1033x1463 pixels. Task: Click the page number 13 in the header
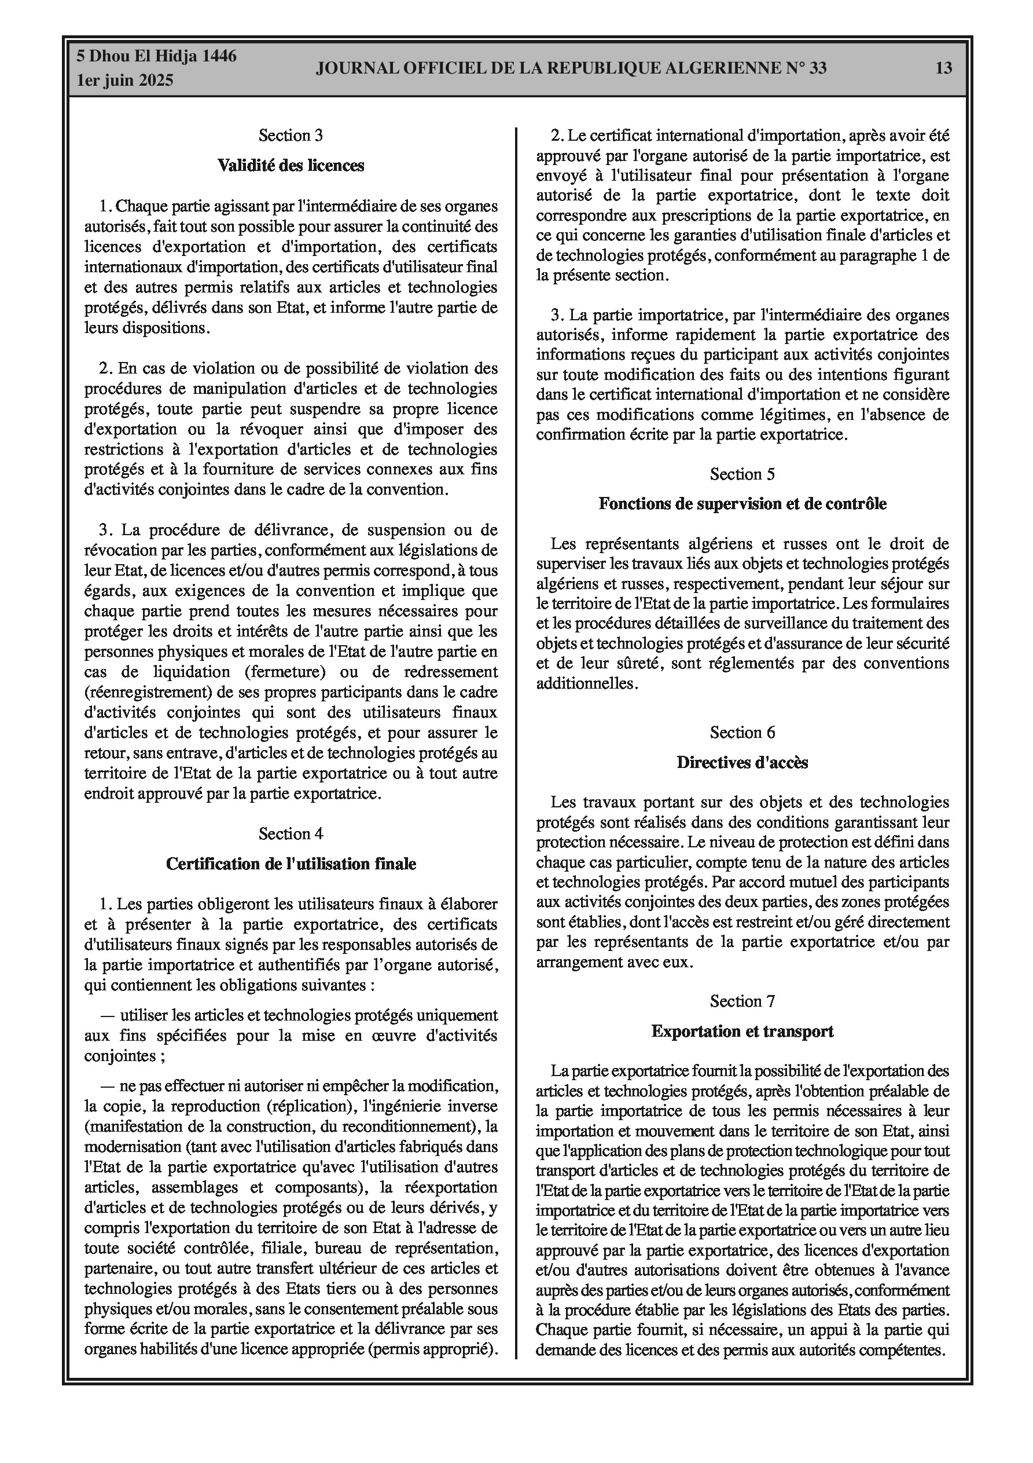[944, 68]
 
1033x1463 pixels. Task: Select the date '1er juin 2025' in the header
[125, 81]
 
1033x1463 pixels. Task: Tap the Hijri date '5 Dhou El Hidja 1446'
[156, 56]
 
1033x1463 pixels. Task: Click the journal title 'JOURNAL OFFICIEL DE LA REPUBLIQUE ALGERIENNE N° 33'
[571, 68]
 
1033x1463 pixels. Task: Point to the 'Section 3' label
[291, 135]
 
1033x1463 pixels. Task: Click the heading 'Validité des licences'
[291, 166]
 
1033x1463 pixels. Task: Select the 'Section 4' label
[291, 833]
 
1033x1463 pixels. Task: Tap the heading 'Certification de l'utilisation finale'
[291, 864]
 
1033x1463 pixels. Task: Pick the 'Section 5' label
[742, 474]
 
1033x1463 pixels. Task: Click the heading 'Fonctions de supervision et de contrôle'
[742, 504]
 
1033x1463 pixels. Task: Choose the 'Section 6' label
[742, 733]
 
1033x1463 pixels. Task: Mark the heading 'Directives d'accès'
[742, 763]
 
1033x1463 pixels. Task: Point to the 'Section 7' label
[742, 1001]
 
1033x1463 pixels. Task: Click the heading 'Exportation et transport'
[742, 1032]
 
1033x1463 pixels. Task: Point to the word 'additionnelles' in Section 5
[585, 683]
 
